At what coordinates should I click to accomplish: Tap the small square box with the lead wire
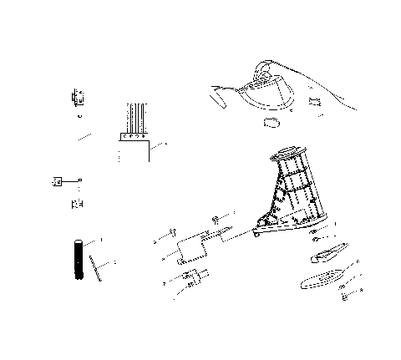(59, 180)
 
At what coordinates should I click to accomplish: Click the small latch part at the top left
(79, 97)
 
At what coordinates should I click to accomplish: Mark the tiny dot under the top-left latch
(79, 115)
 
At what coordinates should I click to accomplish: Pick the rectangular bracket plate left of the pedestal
(190, 248)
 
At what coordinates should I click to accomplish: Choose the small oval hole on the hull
(272, 122)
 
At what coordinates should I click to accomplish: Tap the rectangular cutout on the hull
(314, 102)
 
